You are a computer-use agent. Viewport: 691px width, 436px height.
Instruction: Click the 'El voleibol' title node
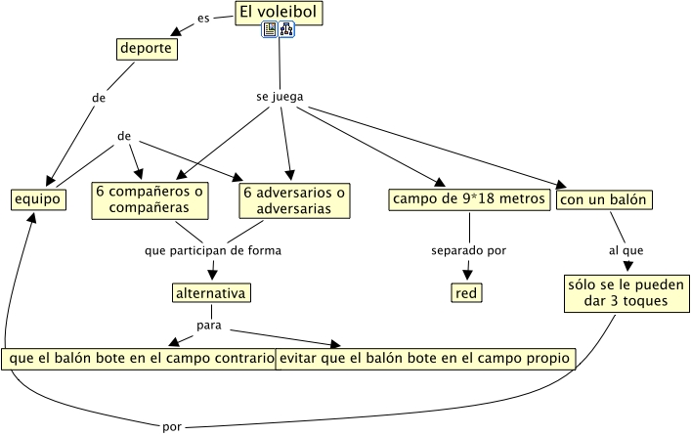(x=279, y=13)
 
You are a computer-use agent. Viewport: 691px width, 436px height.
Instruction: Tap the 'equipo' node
(x=38, y=199)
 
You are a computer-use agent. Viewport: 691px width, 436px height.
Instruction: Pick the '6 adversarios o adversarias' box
(x=294, y=199)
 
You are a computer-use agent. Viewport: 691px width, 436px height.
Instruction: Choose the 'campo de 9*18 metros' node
(x=468, y=199)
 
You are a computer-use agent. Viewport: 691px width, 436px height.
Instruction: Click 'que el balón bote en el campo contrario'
(x=139, y=358)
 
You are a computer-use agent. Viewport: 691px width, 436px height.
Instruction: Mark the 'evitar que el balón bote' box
(x=424, y=358)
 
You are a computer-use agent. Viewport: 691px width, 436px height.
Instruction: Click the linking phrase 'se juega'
(x=279, y=98)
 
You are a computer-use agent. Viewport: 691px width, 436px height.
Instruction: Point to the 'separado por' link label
(x=468, y=250)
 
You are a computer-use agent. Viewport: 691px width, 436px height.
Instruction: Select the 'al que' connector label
(x=626, y=250)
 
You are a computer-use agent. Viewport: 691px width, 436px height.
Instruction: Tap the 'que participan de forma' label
(x=212, y=250)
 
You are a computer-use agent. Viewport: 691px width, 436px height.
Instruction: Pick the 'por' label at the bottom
(x=172, y=426)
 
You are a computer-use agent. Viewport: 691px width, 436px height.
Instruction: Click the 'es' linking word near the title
(x=203, y=18)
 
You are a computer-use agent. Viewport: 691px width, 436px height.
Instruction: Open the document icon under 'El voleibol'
(x=270, y=31)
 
